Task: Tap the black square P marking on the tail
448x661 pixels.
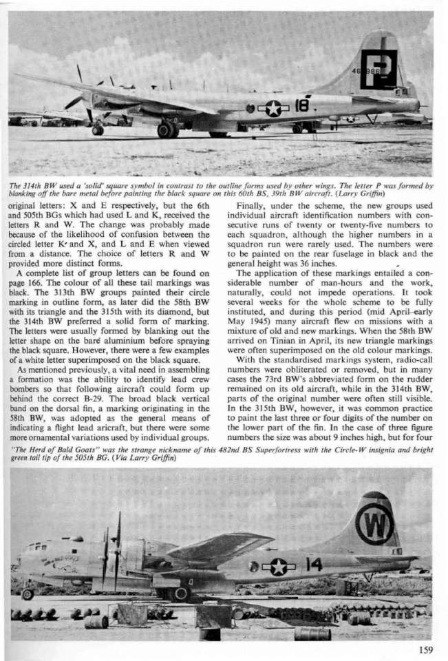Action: [378, 70]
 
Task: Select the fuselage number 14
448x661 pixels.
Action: [313, 565]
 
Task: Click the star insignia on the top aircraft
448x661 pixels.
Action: [273, 108]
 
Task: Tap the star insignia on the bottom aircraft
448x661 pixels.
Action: [278, 567]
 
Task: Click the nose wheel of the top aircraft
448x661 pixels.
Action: [98, 129]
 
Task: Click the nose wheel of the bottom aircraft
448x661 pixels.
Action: [28, 594]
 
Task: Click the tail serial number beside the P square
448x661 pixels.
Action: [359, 71]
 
